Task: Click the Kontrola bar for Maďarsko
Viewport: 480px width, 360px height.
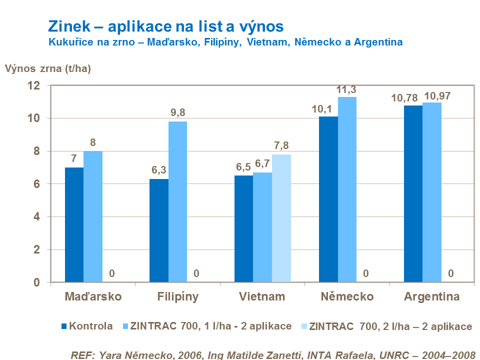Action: [x=74, y=225]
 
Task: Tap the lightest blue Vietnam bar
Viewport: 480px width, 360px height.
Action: [x=281, y=218]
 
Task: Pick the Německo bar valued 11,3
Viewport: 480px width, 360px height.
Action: [x=347, y=189]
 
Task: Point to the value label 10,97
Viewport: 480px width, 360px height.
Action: [x=437, y=95]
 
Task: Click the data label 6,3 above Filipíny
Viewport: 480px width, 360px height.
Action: [x=159, y=170]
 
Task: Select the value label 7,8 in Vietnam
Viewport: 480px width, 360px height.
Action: [x=281, y=146]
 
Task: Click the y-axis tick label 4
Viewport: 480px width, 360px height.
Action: [x=36, y=216]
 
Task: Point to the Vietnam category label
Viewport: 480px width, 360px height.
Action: [x=262, y=296]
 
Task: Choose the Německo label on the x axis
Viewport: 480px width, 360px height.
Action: [x=347, y=296]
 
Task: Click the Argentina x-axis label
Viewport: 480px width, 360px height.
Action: [x=431, y=296]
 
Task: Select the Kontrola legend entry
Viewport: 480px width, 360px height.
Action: [x=90, y=327]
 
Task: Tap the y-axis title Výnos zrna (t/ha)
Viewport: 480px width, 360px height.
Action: [x=48, y=69]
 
